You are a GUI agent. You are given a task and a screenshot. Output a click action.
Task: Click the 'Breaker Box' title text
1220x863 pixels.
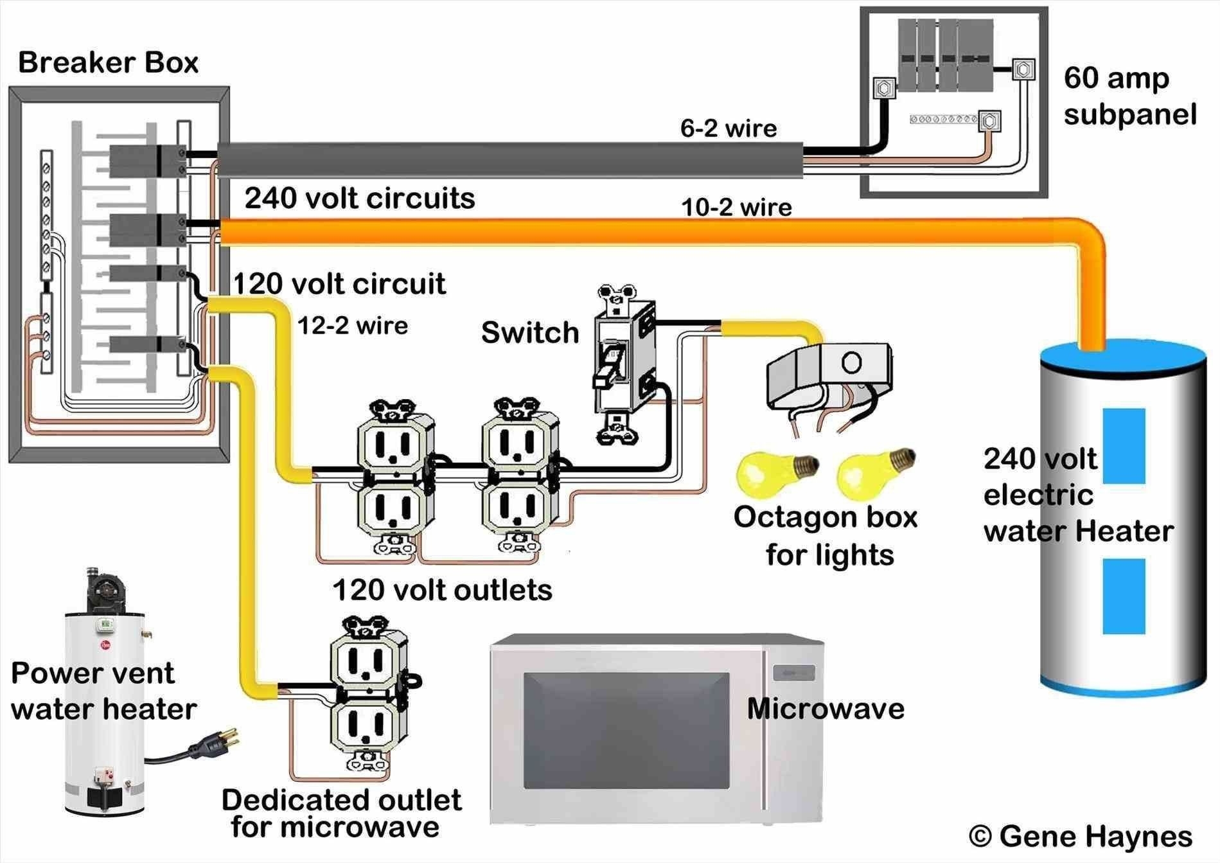click(x=108, y=63)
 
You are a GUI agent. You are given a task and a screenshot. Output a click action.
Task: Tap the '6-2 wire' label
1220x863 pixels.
click(x=729, y=129)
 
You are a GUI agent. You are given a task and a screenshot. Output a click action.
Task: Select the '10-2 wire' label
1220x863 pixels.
click(x=736, y=208)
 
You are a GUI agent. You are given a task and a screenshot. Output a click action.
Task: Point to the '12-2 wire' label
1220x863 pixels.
click(x=353, y=325)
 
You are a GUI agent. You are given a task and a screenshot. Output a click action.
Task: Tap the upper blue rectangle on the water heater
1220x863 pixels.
click(x=1124, y=445)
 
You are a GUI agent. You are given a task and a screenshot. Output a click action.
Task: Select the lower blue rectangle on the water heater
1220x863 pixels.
click(x=1124, y=596)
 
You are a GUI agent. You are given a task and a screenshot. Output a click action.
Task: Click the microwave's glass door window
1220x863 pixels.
click(x=626, y=731)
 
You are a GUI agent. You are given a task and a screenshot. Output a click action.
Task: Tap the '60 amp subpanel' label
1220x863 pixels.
click(x=1129, y=96)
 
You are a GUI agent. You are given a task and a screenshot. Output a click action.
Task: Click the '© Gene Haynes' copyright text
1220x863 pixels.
click(x=1080, y=836)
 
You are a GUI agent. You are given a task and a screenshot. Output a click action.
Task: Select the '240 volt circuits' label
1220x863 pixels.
click(x=360, y=198)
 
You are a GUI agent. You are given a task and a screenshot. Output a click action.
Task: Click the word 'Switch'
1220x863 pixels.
click(x=530, y=333)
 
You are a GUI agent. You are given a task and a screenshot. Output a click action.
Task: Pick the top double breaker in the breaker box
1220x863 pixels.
click(x=148, y=161)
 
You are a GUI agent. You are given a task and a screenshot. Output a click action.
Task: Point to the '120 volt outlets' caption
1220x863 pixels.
click(x=442, y=590)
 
